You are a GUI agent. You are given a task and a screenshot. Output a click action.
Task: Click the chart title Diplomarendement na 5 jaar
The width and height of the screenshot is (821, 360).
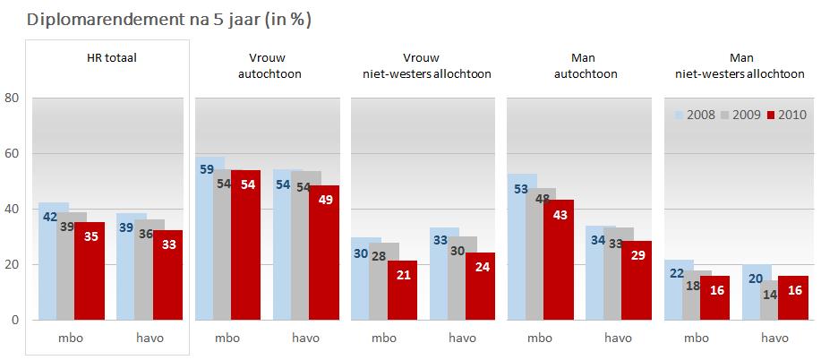(x=162, y=18)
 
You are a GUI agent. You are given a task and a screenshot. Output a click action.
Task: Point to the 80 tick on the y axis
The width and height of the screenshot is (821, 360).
(x=12, y=99)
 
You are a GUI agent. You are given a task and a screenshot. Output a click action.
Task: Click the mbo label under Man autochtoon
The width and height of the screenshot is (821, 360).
(x=540, y=339)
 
